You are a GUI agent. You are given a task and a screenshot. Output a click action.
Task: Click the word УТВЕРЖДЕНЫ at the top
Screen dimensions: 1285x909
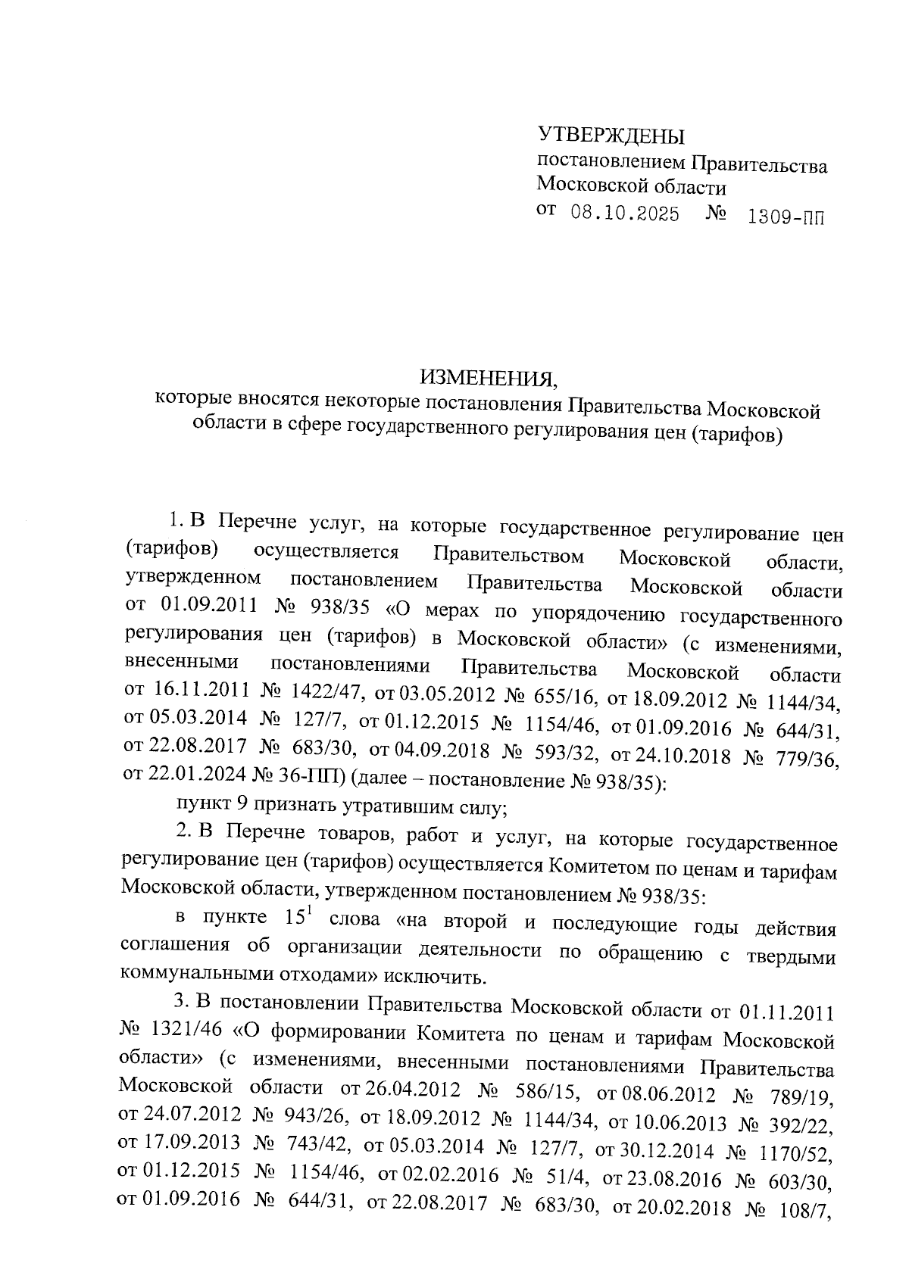(x=611, y=136)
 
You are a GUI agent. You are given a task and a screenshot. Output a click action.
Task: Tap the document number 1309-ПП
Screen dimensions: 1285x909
(x=784, y=218)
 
